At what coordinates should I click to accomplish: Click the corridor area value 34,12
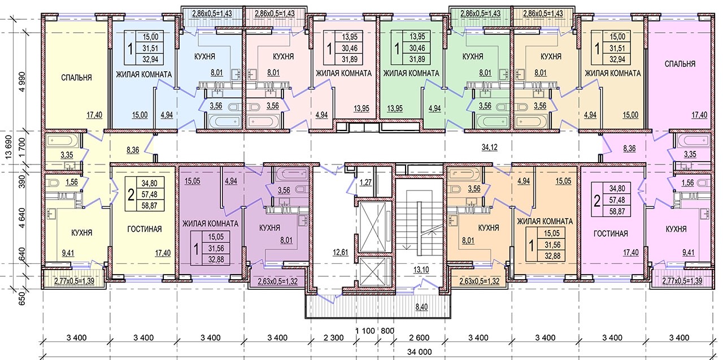[489, 148]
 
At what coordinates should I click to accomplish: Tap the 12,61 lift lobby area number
[341, 252]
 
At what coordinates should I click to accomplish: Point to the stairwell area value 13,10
[421, 270]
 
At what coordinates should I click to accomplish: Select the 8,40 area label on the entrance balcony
[421, 307]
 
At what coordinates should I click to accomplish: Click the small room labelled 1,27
[365, 183]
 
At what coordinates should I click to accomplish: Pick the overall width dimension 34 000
[419, 352]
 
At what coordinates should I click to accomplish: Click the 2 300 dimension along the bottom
[333, 338]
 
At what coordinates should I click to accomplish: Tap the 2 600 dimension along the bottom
[419, 338]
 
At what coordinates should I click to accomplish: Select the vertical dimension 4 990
[22, 82]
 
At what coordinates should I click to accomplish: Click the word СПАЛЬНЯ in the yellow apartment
[76, 77]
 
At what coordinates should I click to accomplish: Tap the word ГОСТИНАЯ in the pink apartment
[611, 233]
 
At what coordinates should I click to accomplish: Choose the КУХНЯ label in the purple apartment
[269, 228]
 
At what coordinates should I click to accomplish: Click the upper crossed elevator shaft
[373, 226]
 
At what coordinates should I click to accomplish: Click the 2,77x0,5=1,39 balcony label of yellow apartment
[75, 281]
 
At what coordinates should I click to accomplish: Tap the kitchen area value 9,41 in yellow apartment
[68, 253]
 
